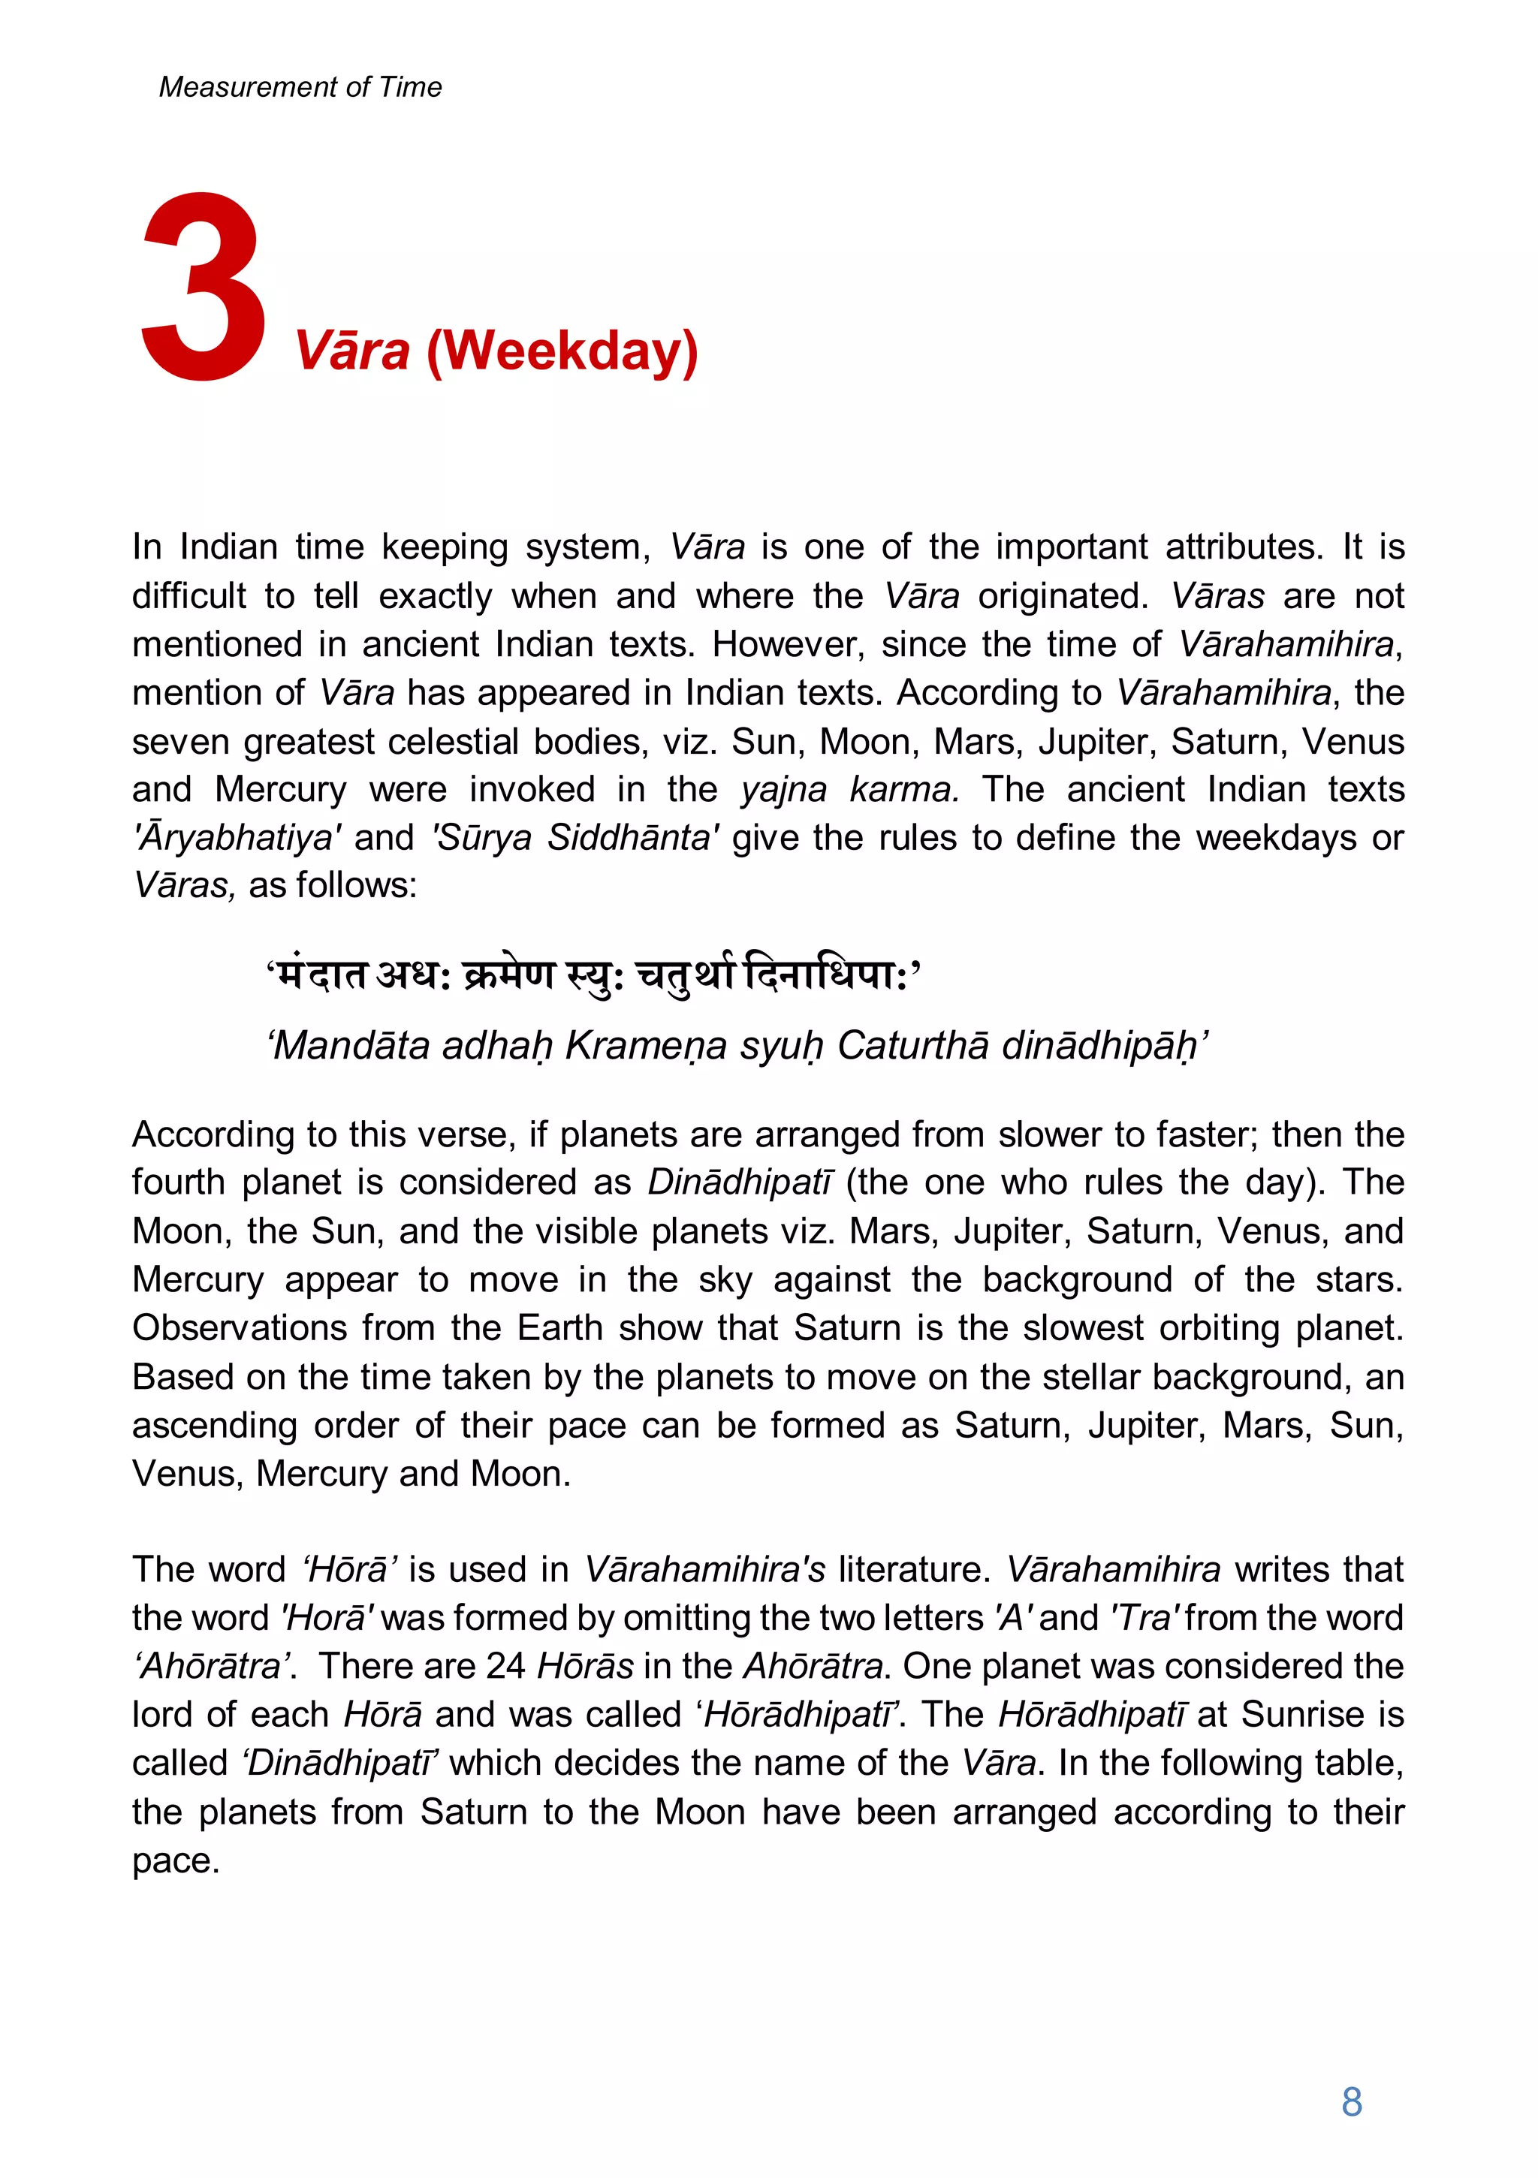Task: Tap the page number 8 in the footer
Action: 1351,2102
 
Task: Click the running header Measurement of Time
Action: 300,87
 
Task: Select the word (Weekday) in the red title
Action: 562,351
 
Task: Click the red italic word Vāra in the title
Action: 352,351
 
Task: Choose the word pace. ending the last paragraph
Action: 176,1861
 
